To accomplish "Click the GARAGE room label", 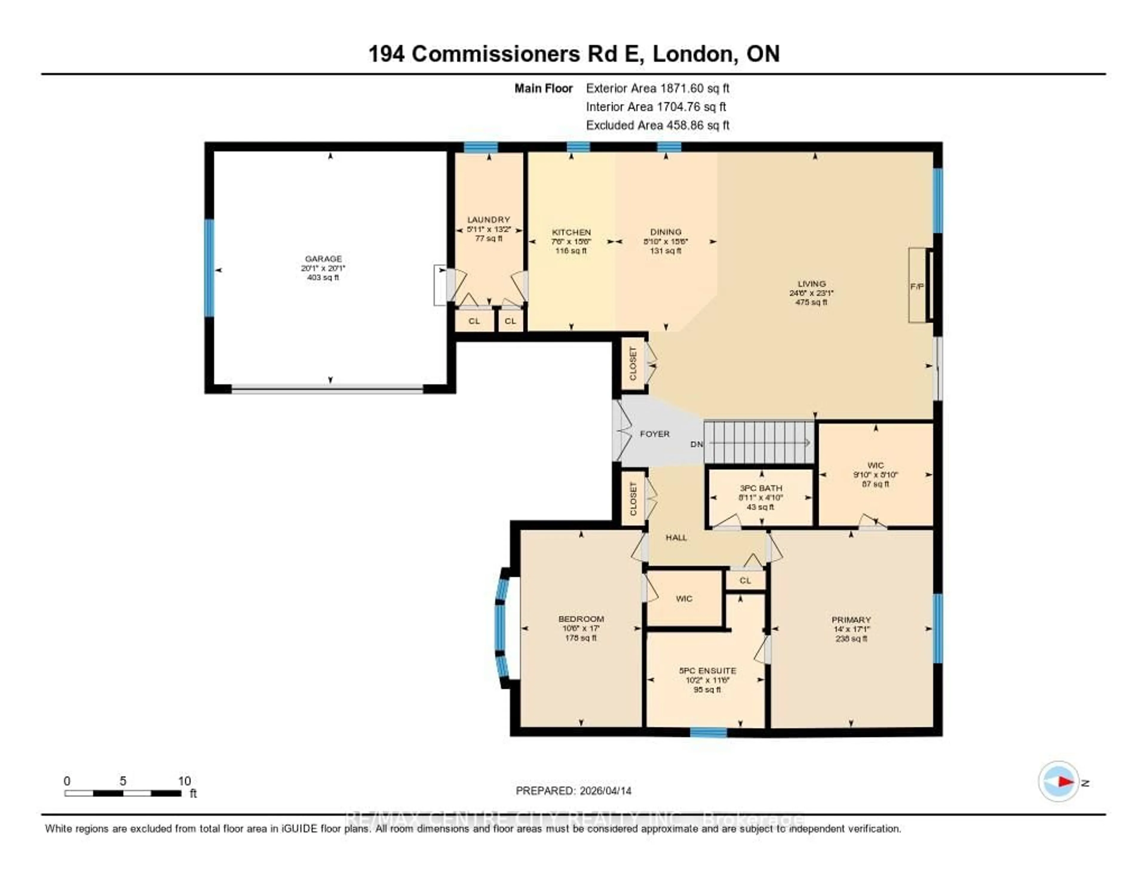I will (323, 258).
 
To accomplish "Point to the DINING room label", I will (665, 232).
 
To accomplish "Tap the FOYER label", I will (654, 434).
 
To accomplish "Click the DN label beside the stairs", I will (696, 444).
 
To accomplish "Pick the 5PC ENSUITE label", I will (707, 671).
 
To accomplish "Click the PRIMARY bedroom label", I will (851, 620).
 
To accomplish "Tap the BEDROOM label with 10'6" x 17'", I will (581, 619).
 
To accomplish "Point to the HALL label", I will (676, 537).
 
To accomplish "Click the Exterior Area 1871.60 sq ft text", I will (657, 88).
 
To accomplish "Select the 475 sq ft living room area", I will (811, 303).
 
